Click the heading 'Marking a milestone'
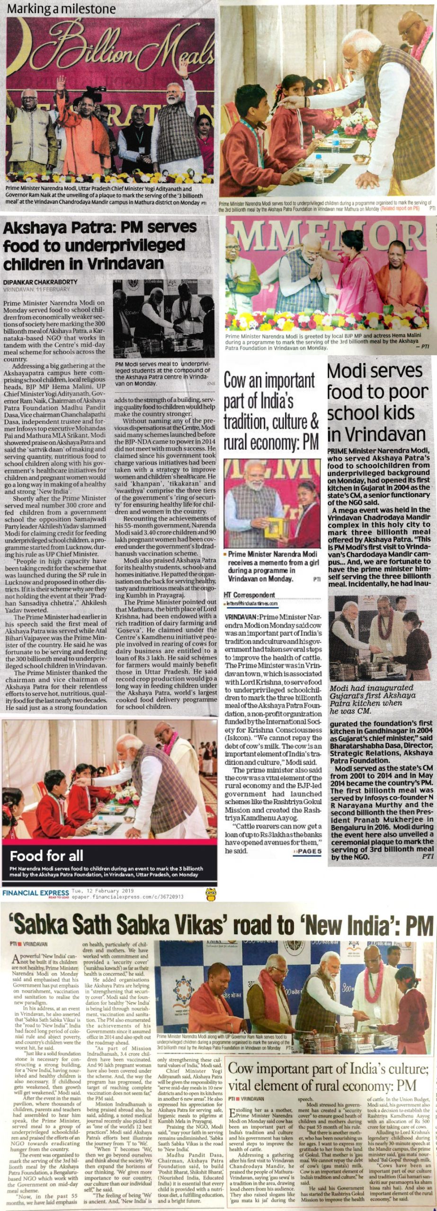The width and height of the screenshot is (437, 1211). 62,9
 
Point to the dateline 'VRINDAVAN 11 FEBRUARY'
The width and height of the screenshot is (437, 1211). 36,289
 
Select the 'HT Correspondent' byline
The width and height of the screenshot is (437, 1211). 249,595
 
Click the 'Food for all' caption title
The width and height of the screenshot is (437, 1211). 46,855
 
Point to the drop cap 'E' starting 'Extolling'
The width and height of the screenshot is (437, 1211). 232,1138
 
